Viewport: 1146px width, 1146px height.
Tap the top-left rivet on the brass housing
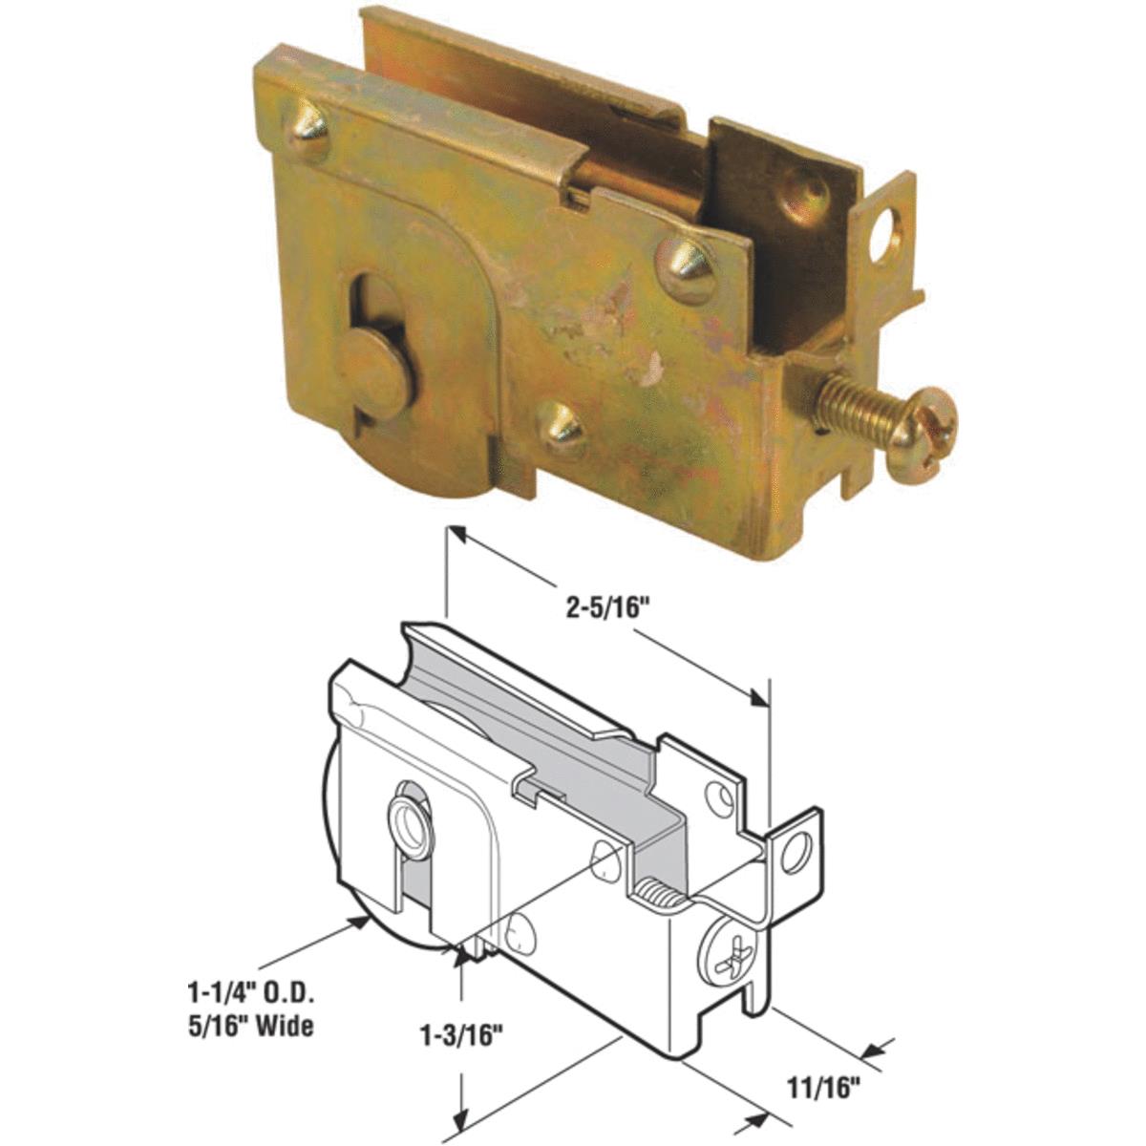(x=308, y=131)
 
